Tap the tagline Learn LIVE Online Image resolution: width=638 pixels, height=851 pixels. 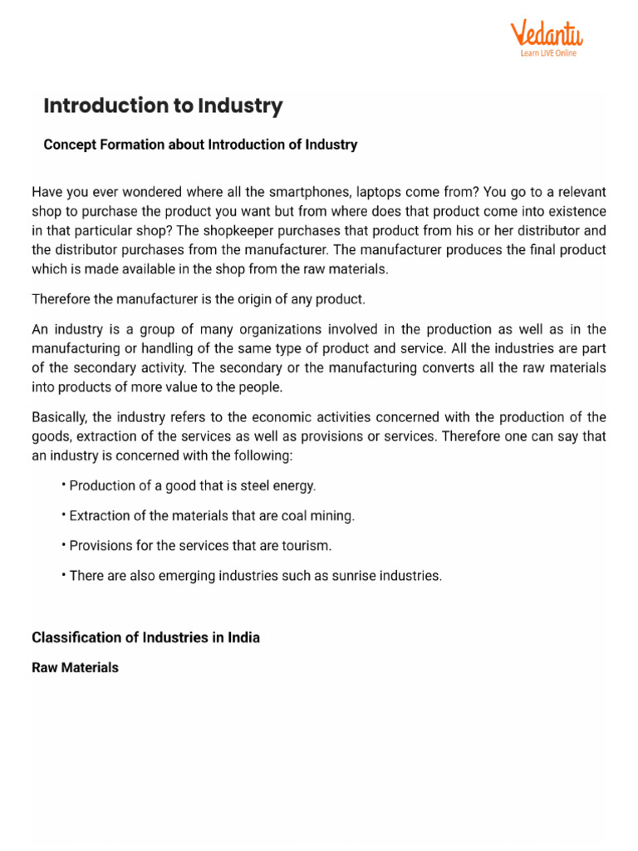tap(547, 54)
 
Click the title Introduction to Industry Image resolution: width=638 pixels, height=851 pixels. tap(163, 106)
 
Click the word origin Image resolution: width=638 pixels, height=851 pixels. tap(224, 298)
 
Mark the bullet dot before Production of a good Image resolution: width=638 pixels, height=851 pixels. tap(64, 485)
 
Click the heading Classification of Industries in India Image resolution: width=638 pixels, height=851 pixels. tap(145, 637)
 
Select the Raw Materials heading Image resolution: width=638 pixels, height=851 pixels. tap(75, 667)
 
